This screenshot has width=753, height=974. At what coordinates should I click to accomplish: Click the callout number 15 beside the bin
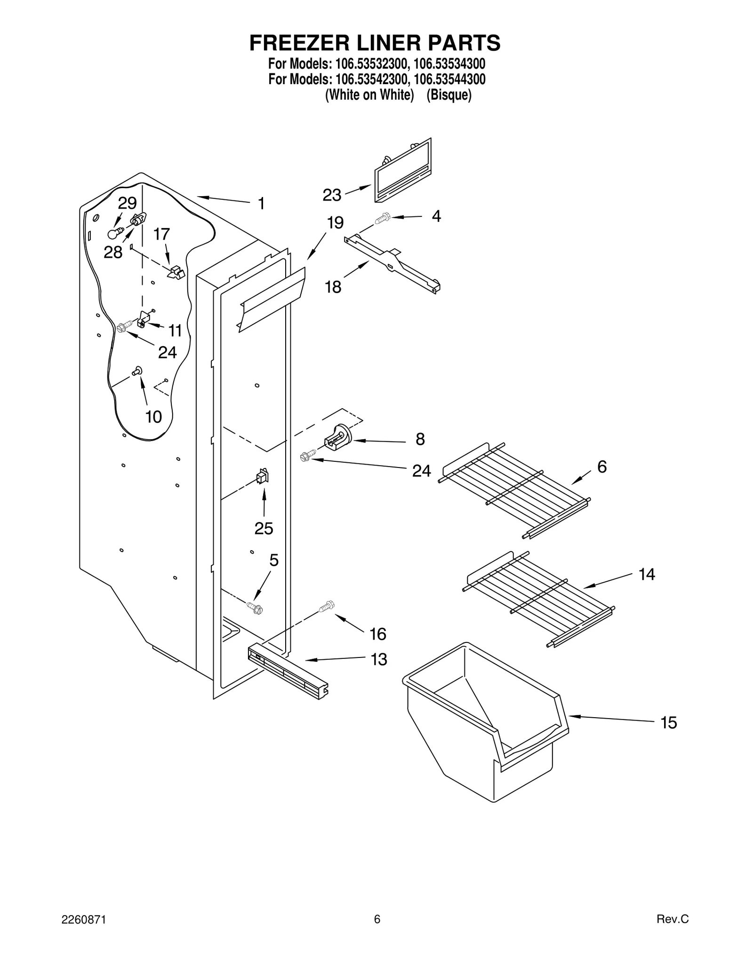click(668, 722)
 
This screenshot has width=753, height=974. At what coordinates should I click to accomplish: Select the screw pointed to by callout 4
click(382, 218)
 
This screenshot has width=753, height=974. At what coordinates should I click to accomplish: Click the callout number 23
click(332, 195)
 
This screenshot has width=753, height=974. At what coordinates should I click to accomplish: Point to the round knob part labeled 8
click(339, 437)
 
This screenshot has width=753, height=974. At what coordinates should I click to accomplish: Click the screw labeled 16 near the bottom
click(326, 607)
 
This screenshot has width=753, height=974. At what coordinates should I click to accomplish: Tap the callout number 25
click(264, 529)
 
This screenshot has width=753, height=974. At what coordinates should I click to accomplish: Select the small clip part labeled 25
click(262, 477)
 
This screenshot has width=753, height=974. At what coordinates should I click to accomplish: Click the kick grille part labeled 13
click(287, 671)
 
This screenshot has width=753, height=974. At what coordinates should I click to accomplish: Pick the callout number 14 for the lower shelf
click(647, 574)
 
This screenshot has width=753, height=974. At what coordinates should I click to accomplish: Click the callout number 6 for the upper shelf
click(602, 467)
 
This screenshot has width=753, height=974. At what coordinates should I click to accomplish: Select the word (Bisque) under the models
click(449, 95)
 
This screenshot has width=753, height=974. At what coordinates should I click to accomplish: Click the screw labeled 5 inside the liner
click(255, 608)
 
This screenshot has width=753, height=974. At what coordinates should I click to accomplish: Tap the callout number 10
click(153, 417)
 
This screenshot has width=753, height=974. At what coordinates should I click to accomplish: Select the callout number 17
click(162, 234)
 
